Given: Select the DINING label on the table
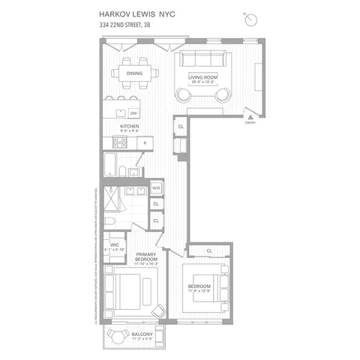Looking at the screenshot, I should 134,73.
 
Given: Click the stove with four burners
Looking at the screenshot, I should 120,142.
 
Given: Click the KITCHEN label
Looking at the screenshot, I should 130,127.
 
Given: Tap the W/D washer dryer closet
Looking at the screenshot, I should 157,188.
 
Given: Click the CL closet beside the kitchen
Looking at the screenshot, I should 182,127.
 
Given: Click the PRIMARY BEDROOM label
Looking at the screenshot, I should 146,257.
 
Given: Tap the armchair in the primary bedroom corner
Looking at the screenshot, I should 159,310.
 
